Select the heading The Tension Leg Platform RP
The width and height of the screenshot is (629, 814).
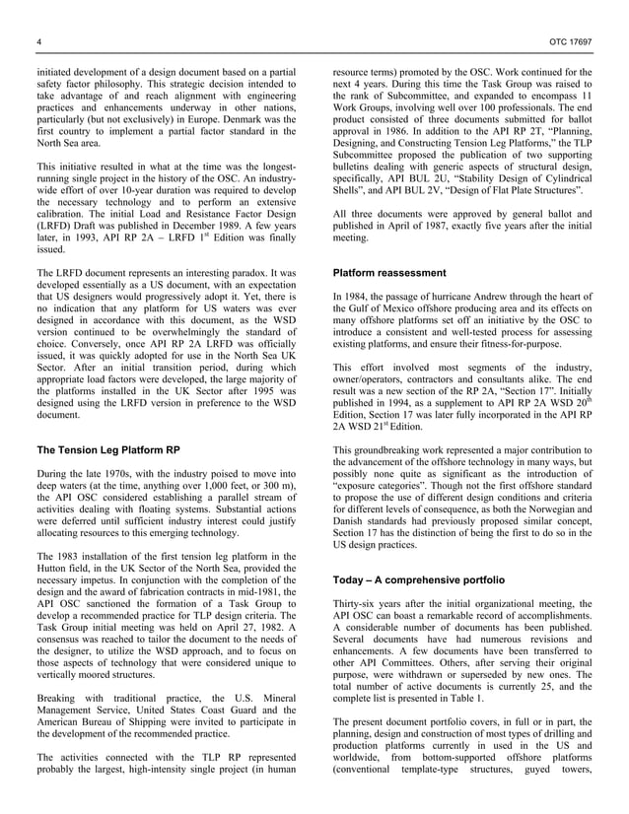pyautogui.click(x=108, y=449)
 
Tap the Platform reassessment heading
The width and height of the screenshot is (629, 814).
pyautogui.click(x=388, y=271)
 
